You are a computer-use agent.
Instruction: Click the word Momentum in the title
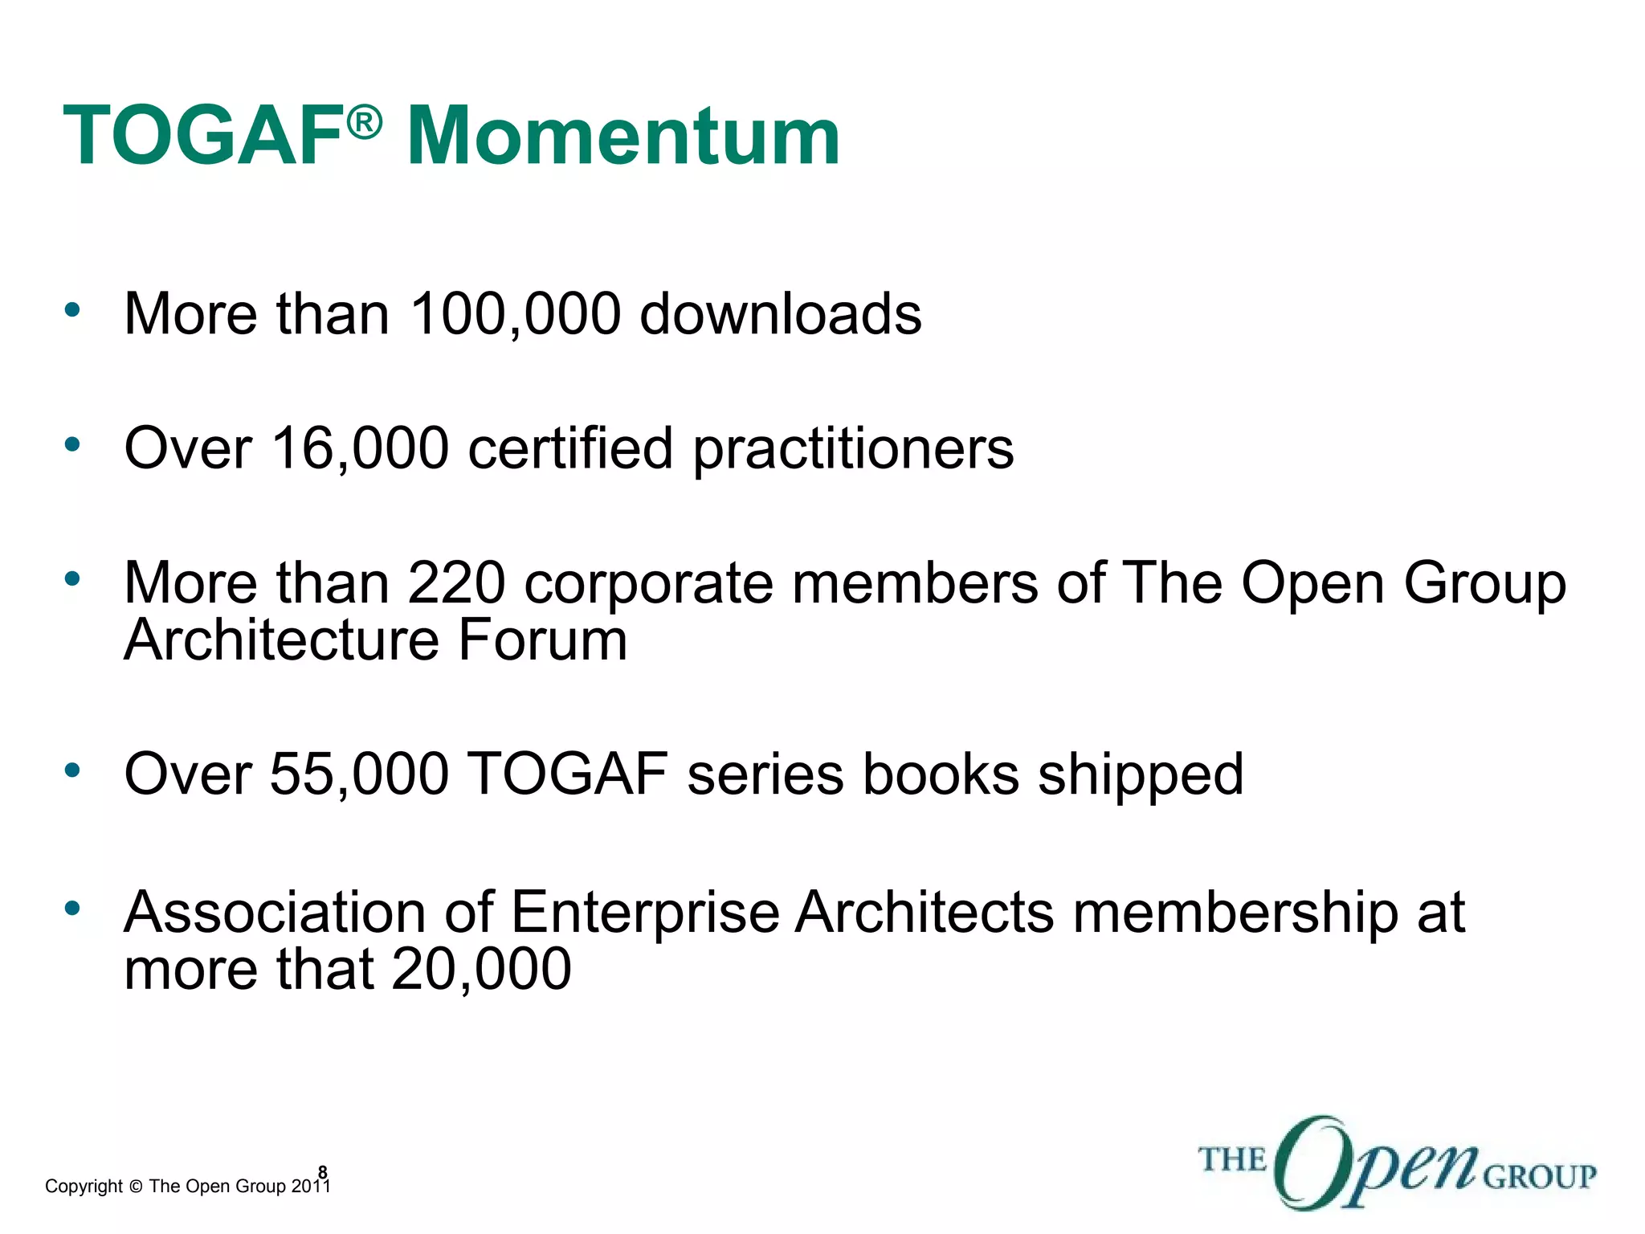623,137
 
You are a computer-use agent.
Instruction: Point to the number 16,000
360,447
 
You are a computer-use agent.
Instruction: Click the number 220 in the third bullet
456,582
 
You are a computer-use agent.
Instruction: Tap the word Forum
543,640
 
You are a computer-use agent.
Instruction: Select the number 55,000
358,774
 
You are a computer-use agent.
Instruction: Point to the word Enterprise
645,913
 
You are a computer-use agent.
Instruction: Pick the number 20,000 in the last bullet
481,969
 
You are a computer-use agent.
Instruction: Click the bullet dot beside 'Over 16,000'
73,443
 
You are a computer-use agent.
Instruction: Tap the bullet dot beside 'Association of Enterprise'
73,909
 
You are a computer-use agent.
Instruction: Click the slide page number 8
323,1172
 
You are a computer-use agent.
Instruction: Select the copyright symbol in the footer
135,1187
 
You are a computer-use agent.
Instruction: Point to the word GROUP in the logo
1539,1177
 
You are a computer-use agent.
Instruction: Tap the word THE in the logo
1232,1160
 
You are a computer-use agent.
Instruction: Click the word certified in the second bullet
570,447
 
